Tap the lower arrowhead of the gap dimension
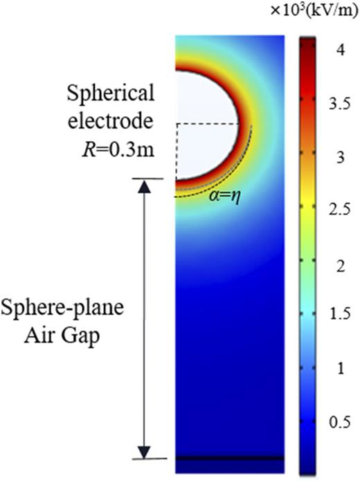(x=143, y=452)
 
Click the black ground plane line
(x=229, y=458)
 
